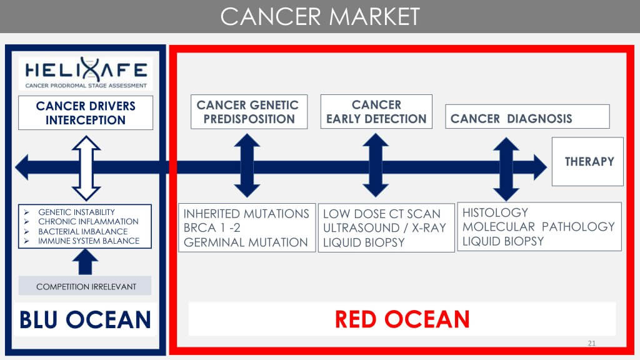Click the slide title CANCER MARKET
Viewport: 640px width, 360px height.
319,16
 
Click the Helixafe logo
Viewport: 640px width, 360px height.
86,74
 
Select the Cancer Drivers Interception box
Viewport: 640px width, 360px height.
86,112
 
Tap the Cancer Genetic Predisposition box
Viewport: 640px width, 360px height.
248,112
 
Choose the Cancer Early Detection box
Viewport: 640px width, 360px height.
376,112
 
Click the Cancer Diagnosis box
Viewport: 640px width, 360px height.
527,117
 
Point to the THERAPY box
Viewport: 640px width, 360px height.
587,161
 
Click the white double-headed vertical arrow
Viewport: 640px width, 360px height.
86,167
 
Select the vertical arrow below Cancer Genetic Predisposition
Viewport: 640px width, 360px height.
247,167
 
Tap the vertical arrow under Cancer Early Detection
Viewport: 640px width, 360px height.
376,167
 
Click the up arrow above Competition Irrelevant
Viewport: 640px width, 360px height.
85,261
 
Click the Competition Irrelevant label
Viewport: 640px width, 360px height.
86,287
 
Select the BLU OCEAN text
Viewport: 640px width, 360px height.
86,319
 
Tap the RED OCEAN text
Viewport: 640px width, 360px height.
402,319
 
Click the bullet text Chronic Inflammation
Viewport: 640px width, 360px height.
88,221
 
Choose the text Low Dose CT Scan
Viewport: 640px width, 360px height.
381,214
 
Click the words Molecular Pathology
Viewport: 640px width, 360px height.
539,226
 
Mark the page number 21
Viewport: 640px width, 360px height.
592,344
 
